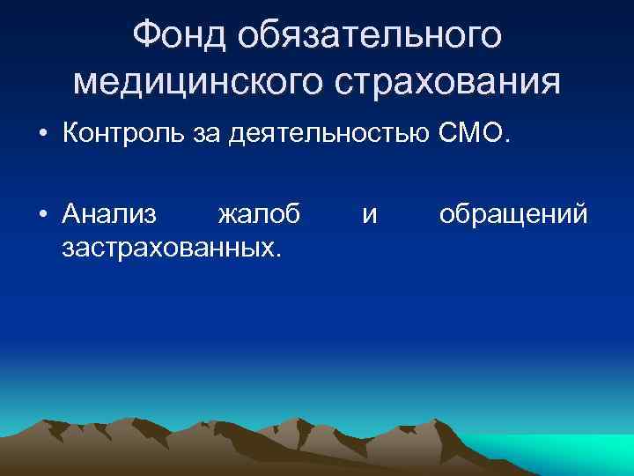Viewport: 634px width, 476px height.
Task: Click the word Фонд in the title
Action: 183,36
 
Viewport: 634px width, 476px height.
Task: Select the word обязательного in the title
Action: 371,36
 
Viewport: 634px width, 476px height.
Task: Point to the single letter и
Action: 370,214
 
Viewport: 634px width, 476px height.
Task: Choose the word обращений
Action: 512,213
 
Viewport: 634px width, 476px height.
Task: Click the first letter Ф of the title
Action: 145,36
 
